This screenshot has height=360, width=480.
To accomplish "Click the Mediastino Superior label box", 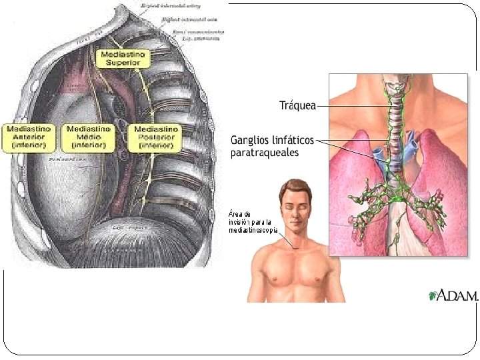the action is click(123, 58).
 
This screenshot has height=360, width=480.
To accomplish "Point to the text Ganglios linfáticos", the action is click(273, 141).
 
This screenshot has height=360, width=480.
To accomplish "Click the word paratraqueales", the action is click(264, 153).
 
